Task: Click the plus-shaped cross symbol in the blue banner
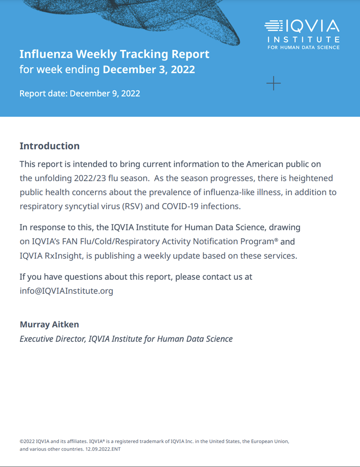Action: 274,83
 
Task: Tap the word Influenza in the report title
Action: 46,54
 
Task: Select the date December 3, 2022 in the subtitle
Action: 149,69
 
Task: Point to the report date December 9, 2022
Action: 105,94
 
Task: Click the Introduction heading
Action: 49,146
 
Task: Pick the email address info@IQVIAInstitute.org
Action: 66,291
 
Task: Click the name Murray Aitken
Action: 49,324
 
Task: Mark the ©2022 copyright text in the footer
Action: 28,441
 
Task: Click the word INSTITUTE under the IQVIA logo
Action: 303,40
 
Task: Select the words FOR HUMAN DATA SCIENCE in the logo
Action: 303,47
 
